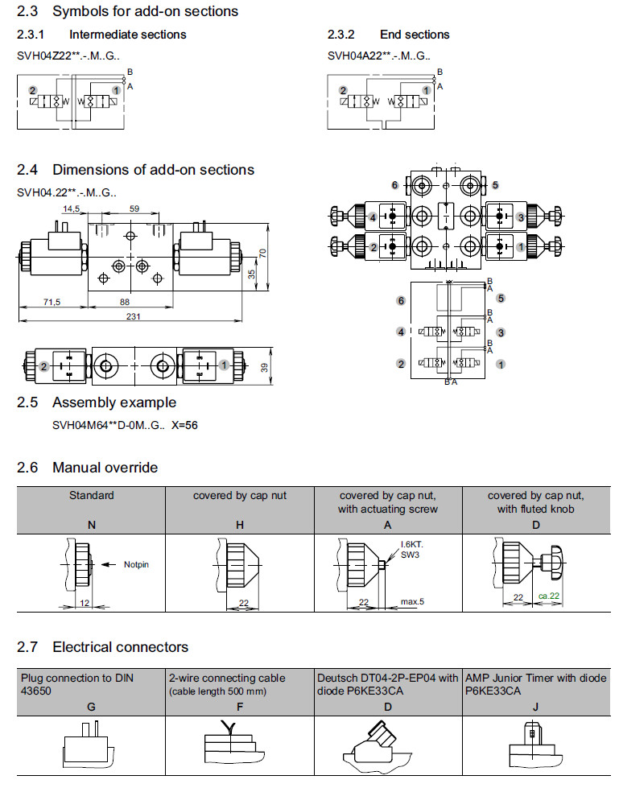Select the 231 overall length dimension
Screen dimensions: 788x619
134,316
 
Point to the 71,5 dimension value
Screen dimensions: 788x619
52,302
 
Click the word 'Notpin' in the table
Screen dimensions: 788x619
136,564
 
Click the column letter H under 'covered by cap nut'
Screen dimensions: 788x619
239,524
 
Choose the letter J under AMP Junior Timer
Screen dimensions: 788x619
536,706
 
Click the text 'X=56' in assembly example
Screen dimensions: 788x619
184,425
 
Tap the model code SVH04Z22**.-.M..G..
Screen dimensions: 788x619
68,56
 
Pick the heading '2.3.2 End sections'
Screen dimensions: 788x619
388,35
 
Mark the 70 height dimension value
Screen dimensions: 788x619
261,254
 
